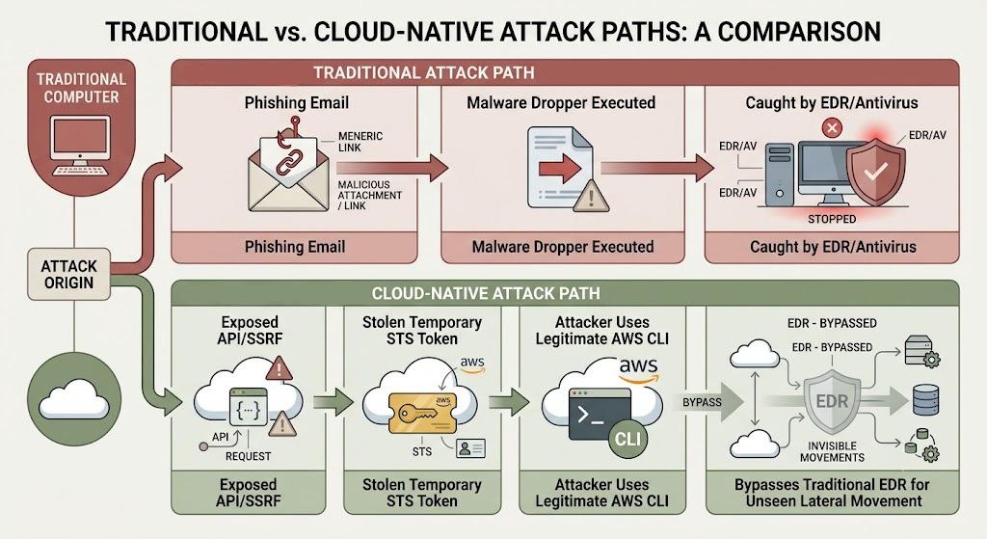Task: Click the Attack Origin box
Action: point(68,274)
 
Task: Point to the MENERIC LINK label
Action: point(360,142)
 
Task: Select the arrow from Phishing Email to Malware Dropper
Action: point(391,168)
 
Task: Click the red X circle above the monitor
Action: point(832,128)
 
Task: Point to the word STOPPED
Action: point(832,219)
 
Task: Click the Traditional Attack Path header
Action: point(424,73)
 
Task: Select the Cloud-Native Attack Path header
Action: point(486,293)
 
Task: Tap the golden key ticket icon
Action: point(422,413)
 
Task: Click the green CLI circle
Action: point(627,439)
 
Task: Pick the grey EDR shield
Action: point(832,402)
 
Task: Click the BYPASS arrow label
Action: point(702,402)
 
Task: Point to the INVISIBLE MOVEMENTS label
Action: point(832,451)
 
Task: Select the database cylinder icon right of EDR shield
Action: point(925,400)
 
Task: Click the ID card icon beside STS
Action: point(470,447)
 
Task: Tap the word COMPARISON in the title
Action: point(799,32)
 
